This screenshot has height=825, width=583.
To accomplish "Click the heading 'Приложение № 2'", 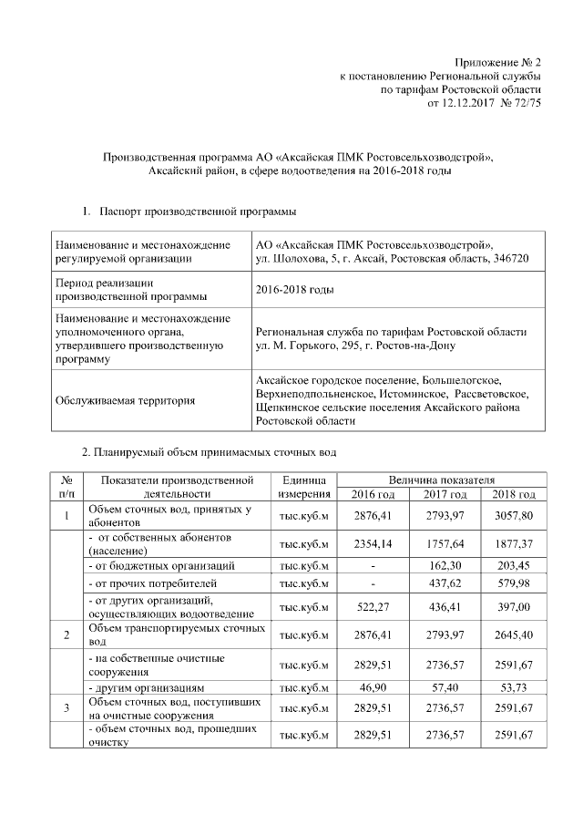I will [496, 63].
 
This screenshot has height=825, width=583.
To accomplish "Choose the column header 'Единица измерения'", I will [304, 487].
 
